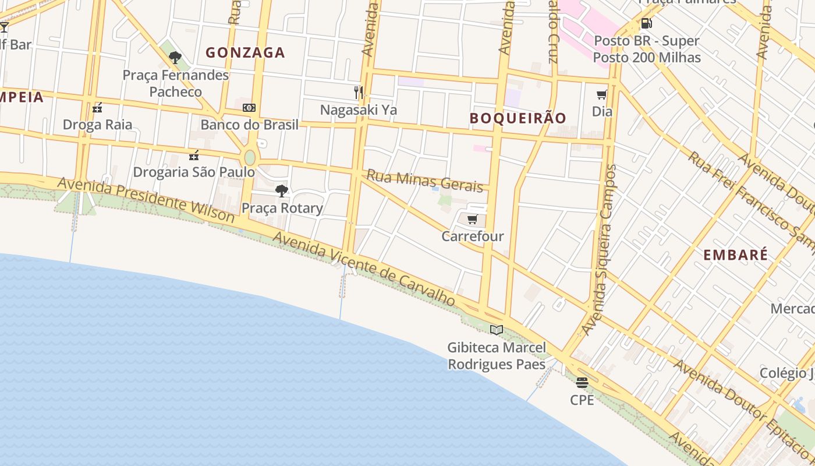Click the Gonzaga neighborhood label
(x=245, y=52)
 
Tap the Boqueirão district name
(x=518, y=118)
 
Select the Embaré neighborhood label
(x=735, y=255)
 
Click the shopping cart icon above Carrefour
(x=473, y=220)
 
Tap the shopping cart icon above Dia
(x=602, y=94)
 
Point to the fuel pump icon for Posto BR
(x=646, y=24)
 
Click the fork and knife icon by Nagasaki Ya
(x=359, y=92)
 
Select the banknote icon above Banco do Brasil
(x=249, y=108)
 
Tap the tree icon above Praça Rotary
(x=282, y=191)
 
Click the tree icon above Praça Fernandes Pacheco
(x=175, y=58)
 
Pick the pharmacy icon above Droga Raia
(x=97, y=108)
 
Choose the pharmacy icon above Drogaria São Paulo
(x=194, y=156)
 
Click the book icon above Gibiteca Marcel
(x=496, y=330)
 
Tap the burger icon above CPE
(x=582, y=383)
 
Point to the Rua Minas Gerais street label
(x=424, y=181)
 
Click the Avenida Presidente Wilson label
(x=146, y=200)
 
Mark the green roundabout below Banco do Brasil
(x=250, y=157)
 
